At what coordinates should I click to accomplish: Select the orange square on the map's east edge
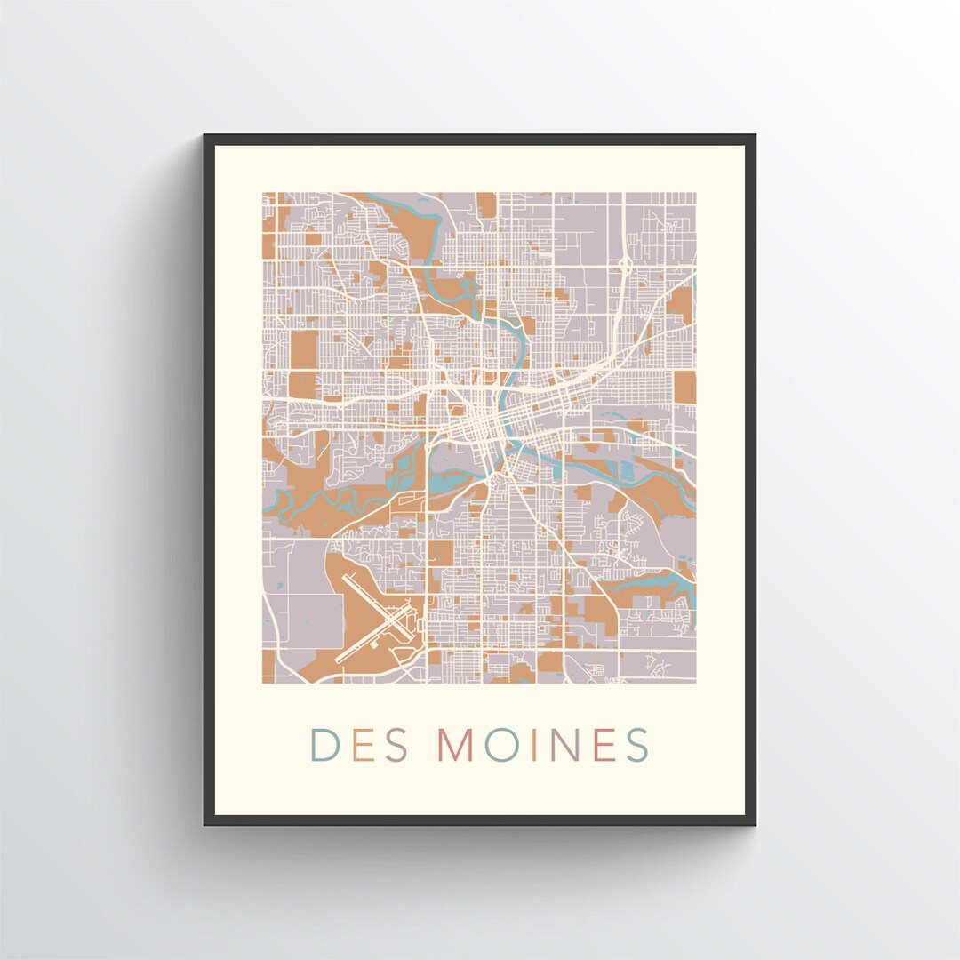tap(684, 387)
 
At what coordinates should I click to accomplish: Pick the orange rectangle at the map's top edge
tap(486, 204)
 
